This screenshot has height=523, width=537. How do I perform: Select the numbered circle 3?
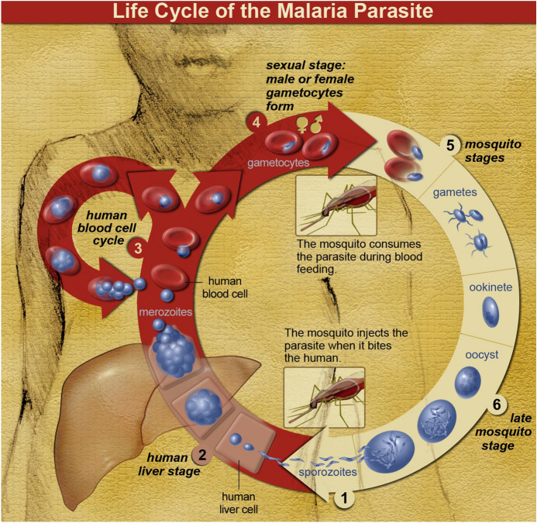pyautogui.click(x=137, y=248)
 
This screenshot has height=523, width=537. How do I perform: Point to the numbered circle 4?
pyautogui.click(x=254, y=122)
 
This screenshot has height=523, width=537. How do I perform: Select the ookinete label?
pyautogui.click(x=491, y=287)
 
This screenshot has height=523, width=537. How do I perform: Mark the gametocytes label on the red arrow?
pyautogui.click(x=277, y=163)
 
